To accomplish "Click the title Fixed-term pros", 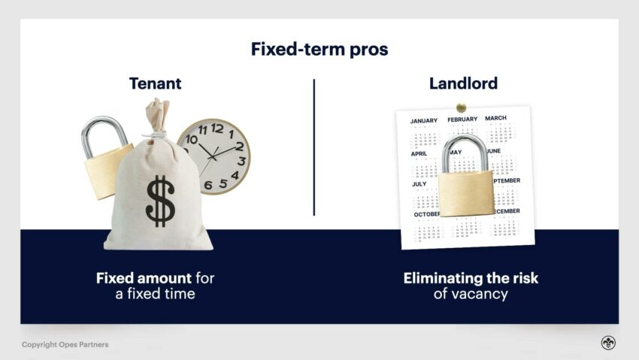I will pyautogui.click(x=319, y=49).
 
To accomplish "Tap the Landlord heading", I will pyautogui.click(x=463, y=83).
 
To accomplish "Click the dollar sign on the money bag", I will pyautogui.click(x=159, y=201).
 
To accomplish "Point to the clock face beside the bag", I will pyautogui.click(x=214, y=156).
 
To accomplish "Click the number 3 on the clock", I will pyautogui.click(x=241, y=160).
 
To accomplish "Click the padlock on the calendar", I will pyautogui.click(x=466, y=180).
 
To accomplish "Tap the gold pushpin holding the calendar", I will pyautogui.click(x=461, y=107).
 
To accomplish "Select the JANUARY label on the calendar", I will pyautogui.click(x=424, y=121).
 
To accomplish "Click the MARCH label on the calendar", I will pyautogui.click(x=495, y=118).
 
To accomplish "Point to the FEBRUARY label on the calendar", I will pyautogui.click(x=462, y=119).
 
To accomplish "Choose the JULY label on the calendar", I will pyautogui.click(x=419, y=183).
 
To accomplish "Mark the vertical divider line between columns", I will pyautogui.click(x=313, y=147).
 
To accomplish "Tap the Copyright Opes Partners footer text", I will pyautogui.click(x=65, y=345).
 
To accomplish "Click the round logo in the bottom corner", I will pyautogui.click(x=607, y=343).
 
